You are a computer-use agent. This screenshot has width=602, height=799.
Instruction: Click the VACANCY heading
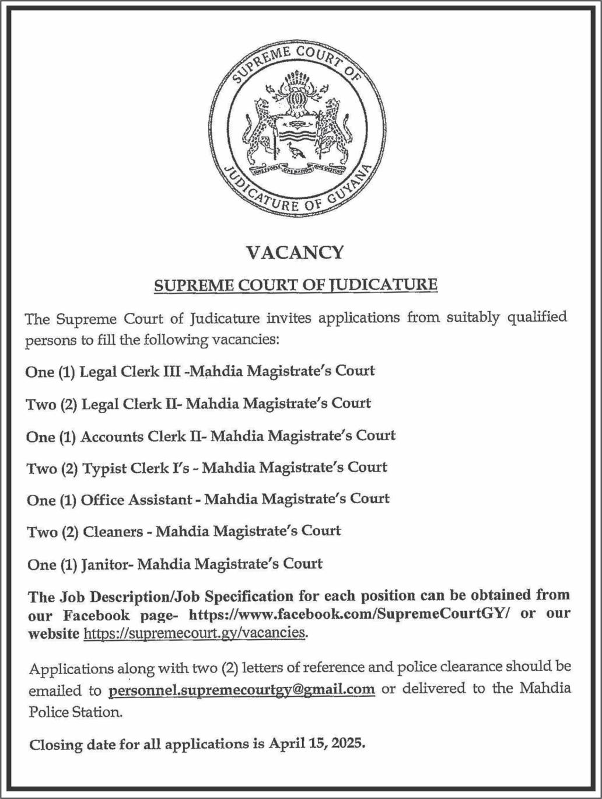coord(295,252)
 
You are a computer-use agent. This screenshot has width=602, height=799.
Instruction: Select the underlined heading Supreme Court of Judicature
coord(295,285)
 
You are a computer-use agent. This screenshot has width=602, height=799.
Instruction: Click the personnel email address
coord(242,689)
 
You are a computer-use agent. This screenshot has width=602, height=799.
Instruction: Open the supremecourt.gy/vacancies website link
coord(195,633)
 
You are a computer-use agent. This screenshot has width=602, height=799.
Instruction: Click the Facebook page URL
coord(350,615)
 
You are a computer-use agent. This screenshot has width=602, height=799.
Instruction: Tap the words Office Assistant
coord(136,500)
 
